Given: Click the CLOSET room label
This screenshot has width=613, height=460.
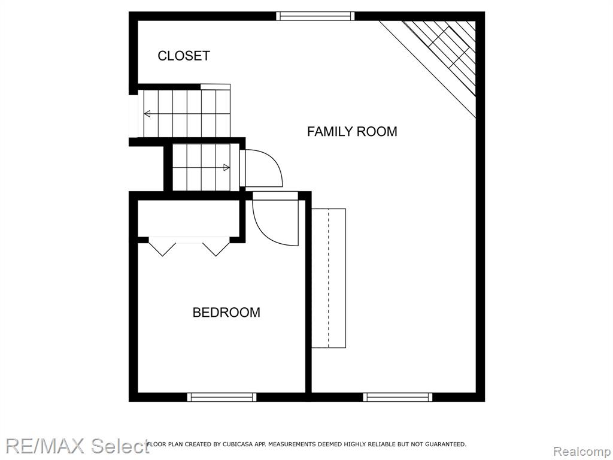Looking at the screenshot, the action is pyautogui.click(x=184, y=56).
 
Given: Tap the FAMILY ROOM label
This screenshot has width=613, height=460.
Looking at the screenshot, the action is pyautogui.click(x=352, y=131).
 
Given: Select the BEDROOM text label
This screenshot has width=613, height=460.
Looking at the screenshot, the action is pyautogui.click(x=226, y=313).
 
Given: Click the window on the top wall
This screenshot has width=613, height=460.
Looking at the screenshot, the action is pyautogui.click(x=315, y=16).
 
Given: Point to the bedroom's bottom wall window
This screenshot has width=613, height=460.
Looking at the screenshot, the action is pyautogui.click(x=221, y=398).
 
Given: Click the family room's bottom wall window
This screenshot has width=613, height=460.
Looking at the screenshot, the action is pyautogui.click(x=397, y=398).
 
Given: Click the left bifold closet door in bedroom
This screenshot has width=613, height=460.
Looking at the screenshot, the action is pyautogui.click(x=163, y=249).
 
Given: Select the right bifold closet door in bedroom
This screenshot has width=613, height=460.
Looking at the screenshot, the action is pyautogui.click(x=216, y=249).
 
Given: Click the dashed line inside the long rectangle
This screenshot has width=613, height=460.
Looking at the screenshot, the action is pyautogui.click(x=329, y=278).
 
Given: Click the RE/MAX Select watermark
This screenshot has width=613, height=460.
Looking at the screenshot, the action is pyautogui.click(x=77, y=446).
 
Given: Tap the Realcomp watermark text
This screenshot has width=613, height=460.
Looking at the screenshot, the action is pyautogui.click(x=582, y=452).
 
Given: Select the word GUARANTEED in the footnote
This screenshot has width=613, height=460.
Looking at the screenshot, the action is pyautogui.click(x=445, y=444).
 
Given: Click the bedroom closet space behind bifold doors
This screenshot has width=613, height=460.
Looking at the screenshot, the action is pyautogui.click(x=189, y=218).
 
